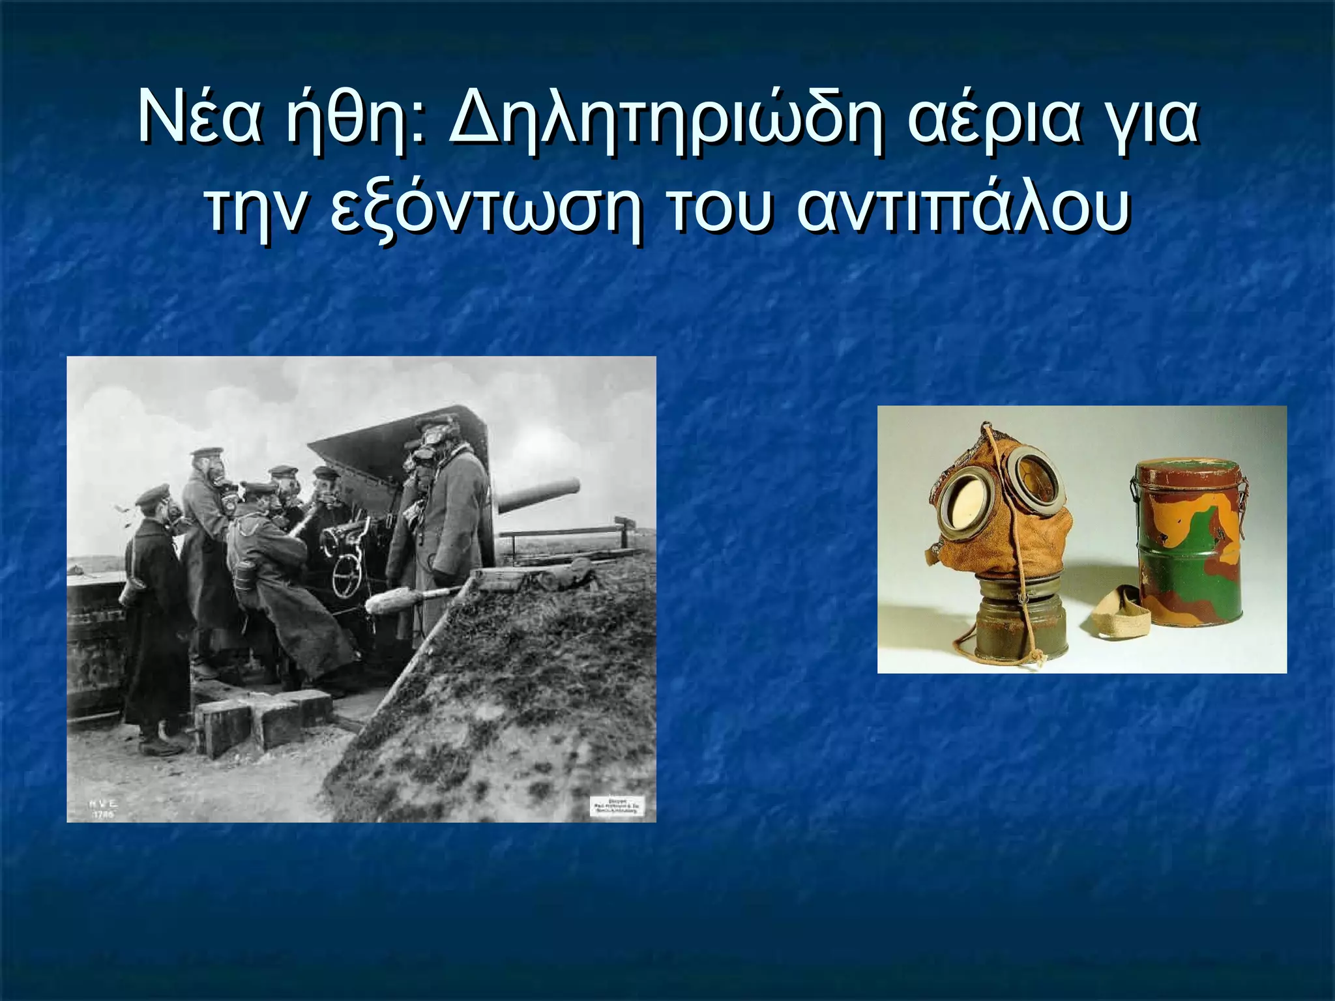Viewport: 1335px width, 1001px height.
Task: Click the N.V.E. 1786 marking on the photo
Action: coord(103,809)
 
